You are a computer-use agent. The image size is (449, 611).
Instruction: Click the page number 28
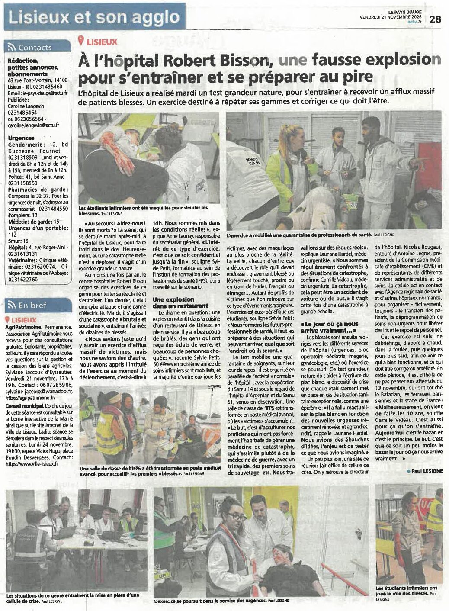(x=435, y=19)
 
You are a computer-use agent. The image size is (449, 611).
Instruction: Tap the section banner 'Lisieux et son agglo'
(x=94, y=17)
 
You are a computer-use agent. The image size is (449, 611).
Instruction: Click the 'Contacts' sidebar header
(x=35, y=48)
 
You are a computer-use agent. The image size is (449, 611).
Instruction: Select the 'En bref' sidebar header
(x=32, y=305)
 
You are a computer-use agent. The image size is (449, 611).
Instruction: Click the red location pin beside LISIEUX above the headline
(x=80, y=41)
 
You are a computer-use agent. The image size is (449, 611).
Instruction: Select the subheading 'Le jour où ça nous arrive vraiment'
(x=331, y=326)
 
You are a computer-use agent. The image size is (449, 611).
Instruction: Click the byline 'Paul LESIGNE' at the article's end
(x=426, y=471)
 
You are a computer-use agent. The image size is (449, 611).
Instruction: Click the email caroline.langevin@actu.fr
(x=34, y=125)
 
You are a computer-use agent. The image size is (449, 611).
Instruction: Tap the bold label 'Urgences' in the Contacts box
(x=21, y=138)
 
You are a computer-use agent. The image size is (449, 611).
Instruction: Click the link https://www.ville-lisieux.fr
(x=32, y=463)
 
